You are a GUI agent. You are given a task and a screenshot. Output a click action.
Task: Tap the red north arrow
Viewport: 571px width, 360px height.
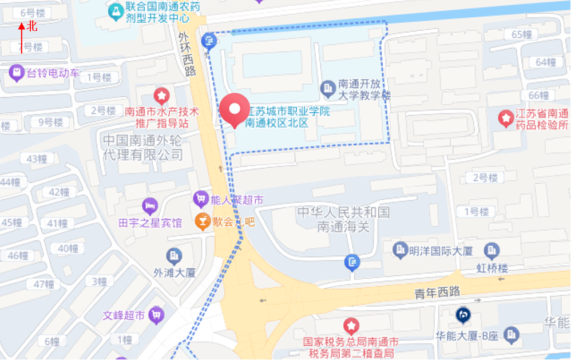(x=21, y=38)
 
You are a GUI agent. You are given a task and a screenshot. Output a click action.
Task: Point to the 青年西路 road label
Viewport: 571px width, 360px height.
(x=438, y=292)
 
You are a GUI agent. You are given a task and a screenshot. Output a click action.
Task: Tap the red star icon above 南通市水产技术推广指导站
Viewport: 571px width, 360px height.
(x=162, y=94)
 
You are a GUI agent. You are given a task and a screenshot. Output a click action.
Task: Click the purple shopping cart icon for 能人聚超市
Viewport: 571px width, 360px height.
(x=200, y=199)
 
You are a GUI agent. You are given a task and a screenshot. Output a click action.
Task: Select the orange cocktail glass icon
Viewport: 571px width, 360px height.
(x=202, y=221)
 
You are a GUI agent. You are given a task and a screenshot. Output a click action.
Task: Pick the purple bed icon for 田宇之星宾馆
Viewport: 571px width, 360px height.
(x=149, y=205)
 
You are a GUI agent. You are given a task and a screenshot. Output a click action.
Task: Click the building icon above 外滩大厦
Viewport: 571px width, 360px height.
(x=174, y=256)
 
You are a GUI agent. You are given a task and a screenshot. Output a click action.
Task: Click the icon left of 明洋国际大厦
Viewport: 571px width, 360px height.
(x=400, y=249)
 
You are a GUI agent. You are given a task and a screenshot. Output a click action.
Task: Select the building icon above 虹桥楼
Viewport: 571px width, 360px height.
(x=491, y=250)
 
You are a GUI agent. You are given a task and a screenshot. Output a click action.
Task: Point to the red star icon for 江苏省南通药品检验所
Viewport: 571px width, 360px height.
(x=506, y=118)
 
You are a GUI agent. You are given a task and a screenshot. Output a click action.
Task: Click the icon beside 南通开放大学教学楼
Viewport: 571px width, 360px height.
(x=328, y=88)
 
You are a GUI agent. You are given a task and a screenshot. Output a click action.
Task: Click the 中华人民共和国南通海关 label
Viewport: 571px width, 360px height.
(x=343, y=220)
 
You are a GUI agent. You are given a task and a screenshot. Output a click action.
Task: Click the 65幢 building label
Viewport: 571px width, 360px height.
(x=521, y=34)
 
